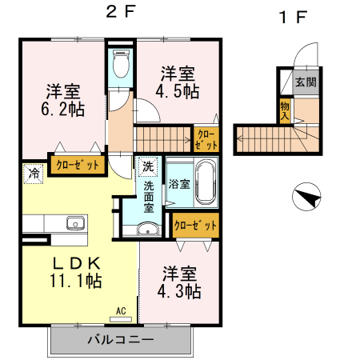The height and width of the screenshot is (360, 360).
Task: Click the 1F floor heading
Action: pos(291,16)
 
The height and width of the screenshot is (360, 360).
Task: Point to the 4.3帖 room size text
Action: pos(178,291)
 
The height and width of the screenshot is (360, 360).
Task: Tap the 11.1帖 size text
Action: pos(76,282)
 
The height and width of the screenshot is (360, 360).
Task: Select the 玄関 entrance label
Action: pos(306,82)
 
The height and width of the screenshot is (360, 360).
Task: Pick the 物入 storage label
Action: pos(285,110)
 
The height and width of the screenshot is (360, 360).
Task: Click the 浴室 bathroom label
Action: pos(179,184)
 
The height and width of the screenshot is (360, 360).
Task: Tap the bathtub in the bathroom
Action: pos(206,183)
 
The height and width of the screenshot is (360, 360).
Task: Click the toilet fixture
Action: pos(122,64)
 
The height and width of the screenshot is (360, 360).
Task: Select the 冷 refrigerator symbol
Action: pos(34,172)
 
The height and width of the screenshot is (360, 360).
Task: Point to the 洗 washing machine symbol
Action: pos(148,167)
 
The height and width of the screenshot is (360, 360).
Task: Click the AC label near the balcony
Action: pos(121,310)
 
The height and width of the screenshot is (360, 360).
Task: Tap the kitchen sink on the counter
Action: pos(75,223)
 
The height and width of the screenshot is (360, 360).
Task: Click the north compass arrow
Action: pos(306,194)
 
